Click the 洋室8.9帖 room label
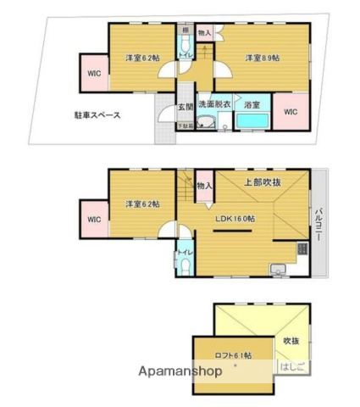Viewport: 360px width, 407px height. tap(261, 58)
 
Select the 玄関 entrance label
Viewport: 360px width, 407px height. tap(186, 107)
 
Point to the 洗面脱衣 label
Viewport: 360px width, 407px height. tap(214, 103)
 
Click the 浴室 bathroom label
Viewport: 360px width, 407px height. tap(252, 103)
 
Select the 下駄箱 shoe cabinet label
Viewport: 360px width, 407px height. tap(184, 127)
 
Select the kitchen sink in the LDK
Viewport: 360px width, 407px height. tap(276, 270)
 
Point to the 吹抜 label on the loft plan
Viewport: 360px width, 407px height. tap(291, 339)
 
